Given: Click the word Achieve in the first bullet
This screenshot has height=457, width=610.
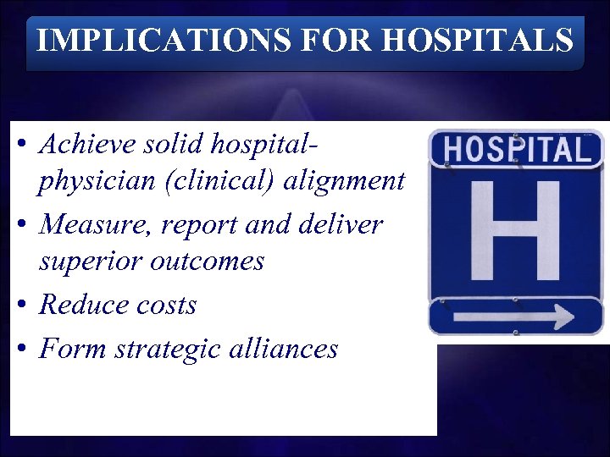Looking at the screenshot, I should pos(85,145).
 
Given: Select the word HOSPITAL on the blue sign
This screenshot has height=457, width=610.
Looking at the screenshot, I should pos(516,150).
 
